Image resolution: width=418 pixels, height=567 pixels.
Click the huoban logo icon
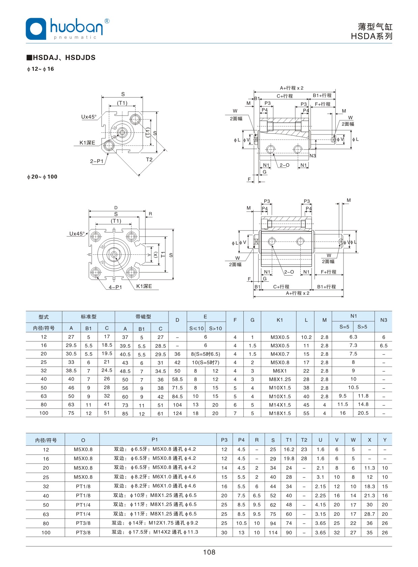36,29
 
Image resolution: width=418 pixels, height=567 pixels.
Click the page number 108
209,552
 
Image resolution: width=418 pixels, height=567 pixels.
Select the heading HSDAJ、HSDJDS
64,58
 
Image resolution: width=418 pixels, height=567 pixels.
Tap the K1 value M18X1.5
280,413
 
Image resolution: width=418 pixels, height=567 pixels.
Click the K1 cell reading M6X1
280,371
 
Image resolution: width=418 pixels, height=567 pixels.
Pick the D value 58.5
177,379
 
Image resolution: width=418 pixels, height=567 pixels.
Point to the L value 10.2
306,337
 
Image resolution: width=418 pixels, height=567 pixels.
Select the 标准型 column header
89,317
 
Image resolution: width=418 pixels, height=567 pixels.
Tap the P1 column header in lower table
155,439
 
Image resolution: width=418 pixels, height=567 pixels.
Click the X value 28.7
369,514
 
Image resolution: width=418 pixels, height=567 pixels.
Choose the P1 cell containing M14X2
155,532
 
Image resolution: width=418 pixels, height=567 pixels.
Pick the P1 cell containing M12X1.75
155,523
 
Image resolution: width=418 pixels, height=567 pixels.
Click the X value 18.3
369,486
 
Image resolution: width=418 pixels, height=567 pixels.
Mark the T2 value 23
304,449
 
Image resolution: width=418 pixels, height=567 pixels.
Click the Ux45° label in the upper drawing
89,117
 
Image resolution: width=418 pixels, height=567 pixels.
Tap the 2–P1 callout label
97,161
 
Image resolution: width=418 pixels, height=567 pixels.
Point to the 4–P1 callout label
115,287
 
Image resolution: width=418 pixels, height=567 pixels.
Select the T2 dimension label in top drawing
149,160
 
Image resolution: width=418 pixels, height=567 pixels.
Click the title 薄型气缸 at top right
375,27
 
